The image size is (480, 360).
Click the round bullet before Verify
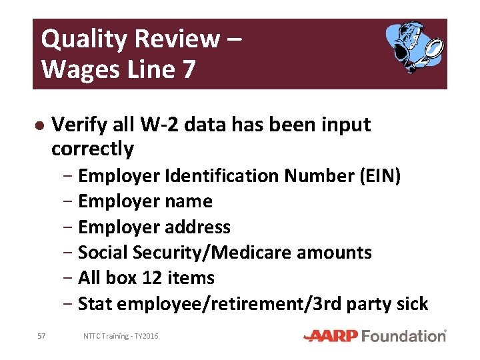[39, 125]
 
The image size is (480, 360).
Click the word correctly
[93, 149]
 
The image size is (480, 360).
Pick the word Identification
[223, 176]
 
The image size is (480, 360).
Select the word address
[198, 227]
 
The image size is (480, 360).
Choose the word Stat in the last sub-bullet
[94, 304]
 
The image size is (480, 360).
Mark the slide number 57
[41, 336]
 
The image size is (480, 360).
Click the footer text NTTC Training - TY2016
[121, 336]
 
